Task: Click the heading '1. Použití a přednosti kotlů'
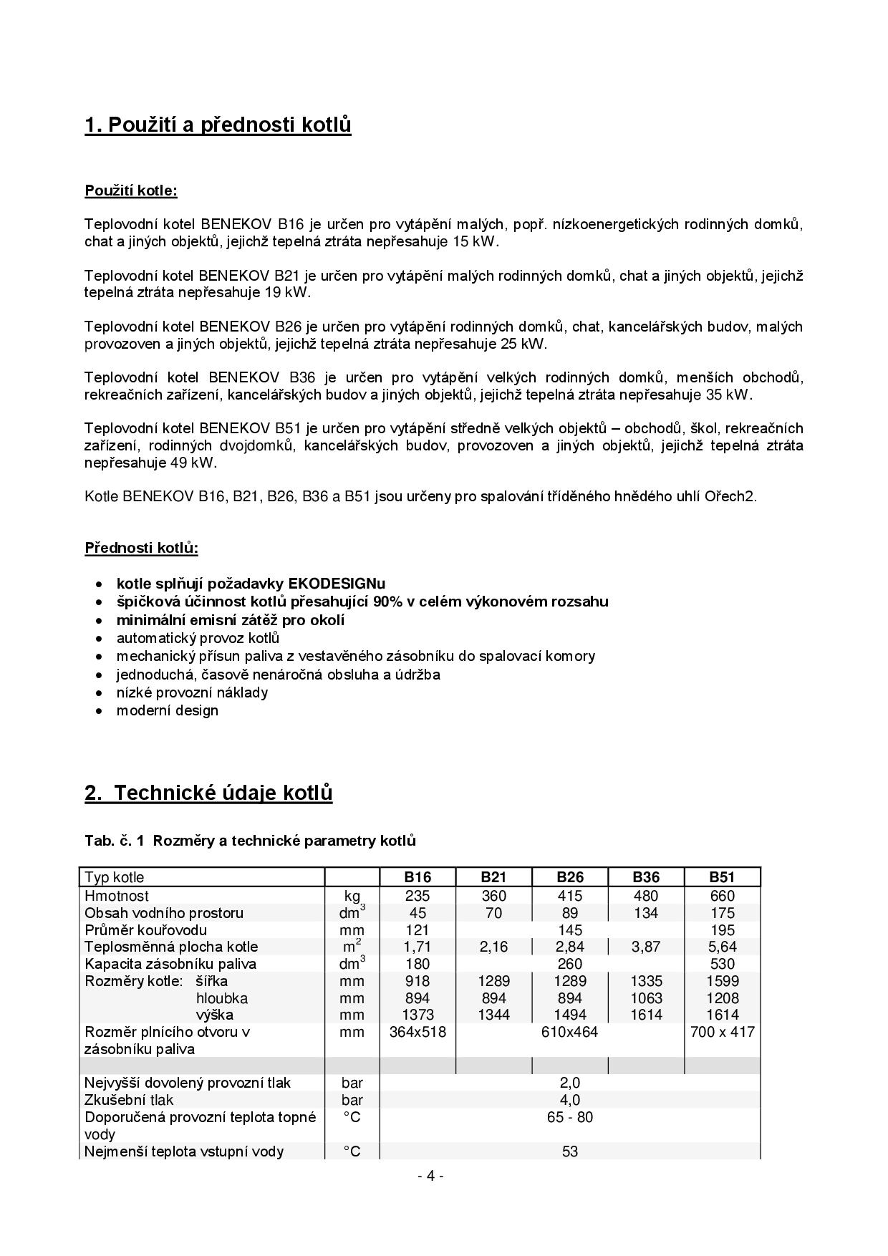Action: click(x=218, y=125)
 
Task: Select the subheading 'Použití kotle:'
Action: click(x=130, y=191)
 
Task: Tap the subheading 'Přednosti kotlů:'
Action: click(x=141, y=549)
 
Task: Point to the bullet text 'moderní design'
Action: click(x=167, y=711)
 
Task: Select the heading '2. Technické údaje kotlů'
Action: click(x=208, y=793)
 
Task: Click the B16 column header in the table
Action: click(x=417, y=877)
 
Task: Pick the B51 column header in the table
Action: click(x=722, y=877)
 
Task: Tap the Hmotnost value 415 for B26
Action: click(x=569, y=896)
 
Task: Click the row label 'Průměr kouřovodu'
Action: click(x=145, y=930)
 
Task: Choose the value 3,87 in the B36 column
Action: click(x=646, y=947)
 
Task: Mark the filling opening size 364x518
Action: click(x=417, y=1032)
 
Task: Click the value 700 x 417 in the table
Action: click(x=722, y=1032)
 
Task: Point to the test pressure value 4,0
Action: click(x=569, y=1100)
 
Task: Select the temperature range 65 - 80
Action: click(x=569, y=1117)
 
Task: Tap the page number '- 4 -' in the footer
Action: click(x=430, y=1176)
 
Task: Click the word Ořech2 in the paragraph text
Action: click(x=733, y=496)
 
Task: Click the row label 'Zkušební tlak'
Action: click(x=129, y=1100)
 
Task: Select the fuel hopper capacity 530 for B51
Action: click(x=722, y=964)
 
